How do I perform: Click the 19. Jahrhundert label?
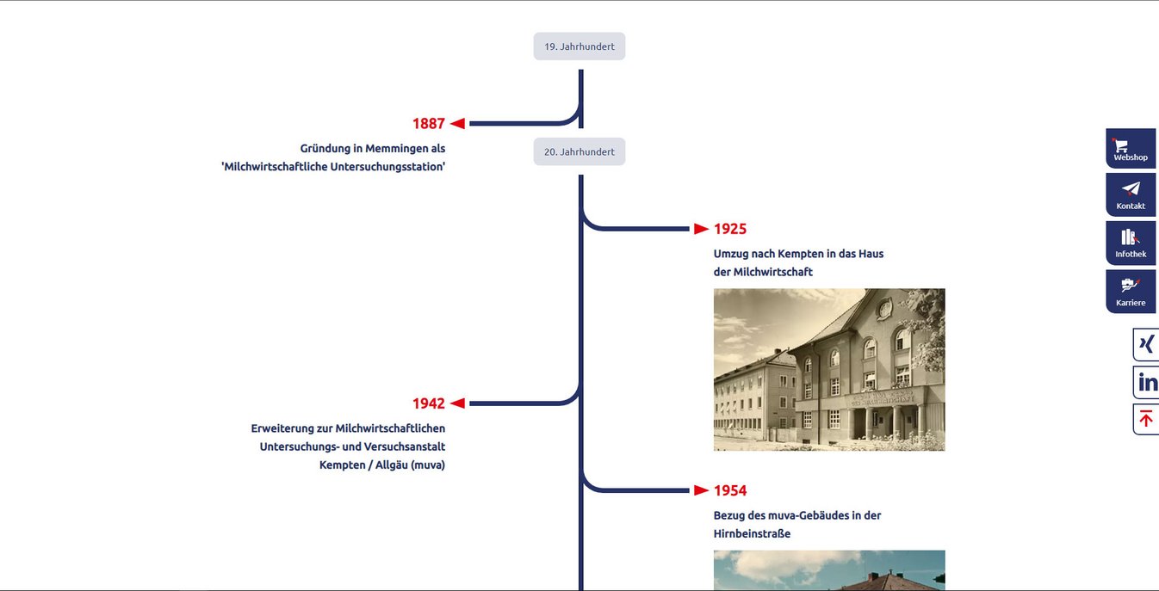coord(579,46)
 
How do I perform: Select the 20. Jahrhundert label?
coord(579,152)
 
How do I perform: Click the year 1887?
coord(429,124)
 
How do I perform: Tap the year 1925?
coord(730,229)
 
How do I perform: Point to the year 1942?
coord(429,403)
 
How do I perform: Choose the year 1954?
coord(730,490)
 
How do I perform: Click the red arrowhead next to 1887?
coord(457,123)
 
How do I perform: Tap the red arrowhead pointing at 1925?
coord(701,229)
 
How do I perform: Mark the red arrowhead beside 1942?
coord(457,403)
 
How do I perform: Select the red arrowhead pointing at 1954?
coord(701,490)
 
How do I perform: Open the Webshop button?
coord(1131,149)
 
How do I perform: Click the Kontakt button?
coord(1131,195)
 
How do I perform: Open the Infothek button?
coord(1131,243)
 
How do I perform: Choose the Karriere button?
coord(1131,292)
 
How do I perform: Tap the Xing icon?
coord(1146,344)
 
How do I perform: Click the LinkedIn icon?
coord(1147,383)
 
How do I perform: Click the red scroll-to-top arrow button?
coord(1146,419)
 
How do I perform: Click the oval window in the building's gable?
coord(885,309)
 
